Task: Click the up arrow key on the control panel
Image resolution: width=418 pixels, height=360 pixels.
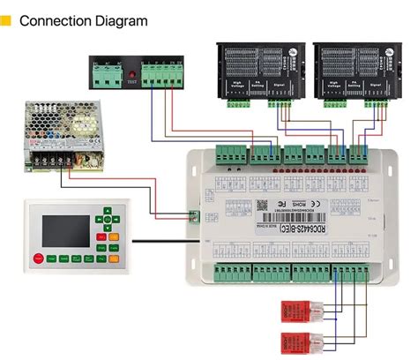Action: (x=107, y=212)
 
